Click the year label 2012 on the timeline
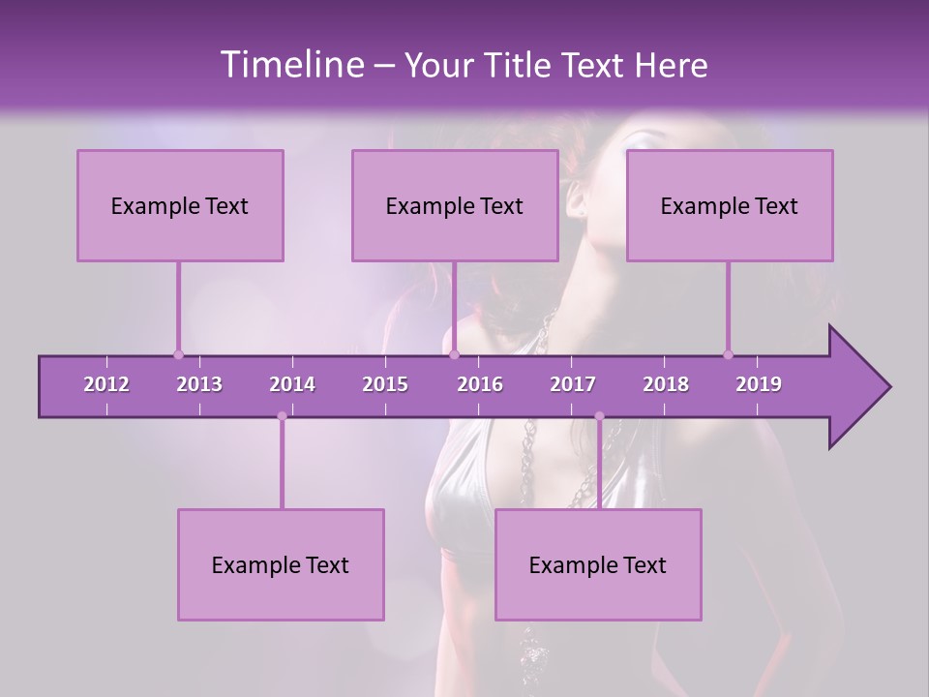106,384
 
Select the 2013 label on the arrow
199,384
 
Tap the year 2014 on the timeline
292,384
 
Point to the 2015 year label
385,384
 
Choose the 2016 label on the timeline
480,384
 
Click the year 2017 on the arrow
573,384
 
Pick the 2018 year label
666,384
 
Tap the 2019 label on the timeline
759,384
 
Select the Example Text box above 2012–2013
180,205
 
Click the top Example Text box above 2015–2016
455,205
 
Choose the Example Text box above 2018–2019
730,205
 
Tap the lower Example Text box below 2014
281,564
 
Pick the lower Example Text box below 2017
598,564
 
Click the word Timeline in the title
290,64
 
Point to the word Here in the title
671,66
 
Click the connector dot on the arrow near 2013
178,354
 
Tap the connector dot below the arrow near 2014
282,416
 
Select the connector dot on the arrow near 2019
728,354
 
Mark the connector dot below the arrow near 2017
599,416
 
